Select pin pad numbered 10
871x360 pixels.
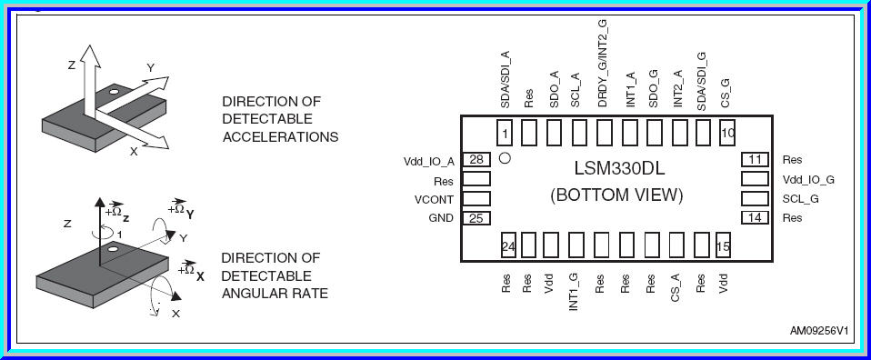pyautogui.click(x=726, y=133)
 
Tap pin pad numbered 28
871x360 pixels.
pyautogui.click(x=476, y=160)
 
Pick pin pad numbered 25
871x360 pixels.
pyautogui.click(x=476, y=218)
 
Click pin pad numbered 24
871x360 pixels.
pyautogui.click(x=508, y=245)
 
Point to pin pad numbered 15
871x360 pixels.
pyautogui.click(x=724, y=245)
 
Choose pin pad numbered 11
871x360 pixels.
pyautogui.click(x=756, y=160)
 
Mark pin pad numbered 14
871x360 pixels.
pyautogui.click(x=756, y=218)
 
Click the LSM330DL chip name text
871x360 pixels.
pyautogui.click(x=616, y=168)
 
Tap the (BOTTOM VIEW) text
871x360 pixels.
pyautogui.click(x=616, y=195)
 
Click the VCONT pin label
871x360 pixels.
pyautogui.click(x=434, y=200)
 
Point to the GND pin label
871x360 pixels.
pyautogui.click(x=440, y=219)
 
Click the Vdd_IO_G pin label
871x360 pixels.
pyautogui.click(x=807, y=180)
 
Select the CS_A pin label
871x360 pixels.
pyautogui.click(x=675, y=285)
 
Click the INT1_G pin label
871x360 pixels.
pyautogui.click(x=574, y=292)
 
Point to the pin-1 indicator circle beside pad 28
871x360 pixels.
pyautogui.click(x=505, y=157)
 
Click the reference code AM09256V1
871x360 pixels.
pyautogui.click(x=819, y=332)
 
